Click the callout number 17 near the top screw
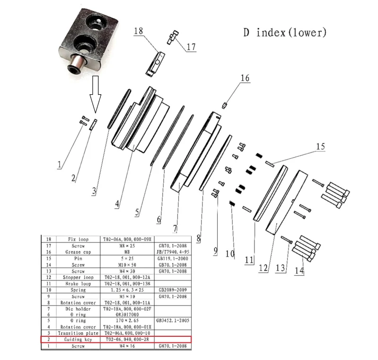pyautogui.click(x=191, y=47)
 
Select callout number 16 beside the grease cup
pyautogui.click(x=245, y=78)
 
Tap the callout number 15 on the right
pyautogui.click(x=320, y=147)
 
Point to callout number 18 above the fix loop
pyautogui.click(x=138, y=31)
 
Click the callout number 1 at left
pyautogui.click(x=60, y=165)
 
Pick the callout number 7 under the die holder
pyautogui.click(x=175, y=229)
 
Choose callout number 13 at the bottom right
pyautogui.click(x=281, y=268)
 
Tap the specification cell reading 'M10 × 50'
pyautogui.click(x=128, y=264)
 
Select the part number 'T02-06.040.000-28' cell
pyautogui.click(x=128, y=340)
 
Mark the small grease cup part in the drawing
pyautogui.click(x=226, y=105)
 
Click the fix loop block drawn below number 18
pyautogui.click(x=155, y=64)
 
